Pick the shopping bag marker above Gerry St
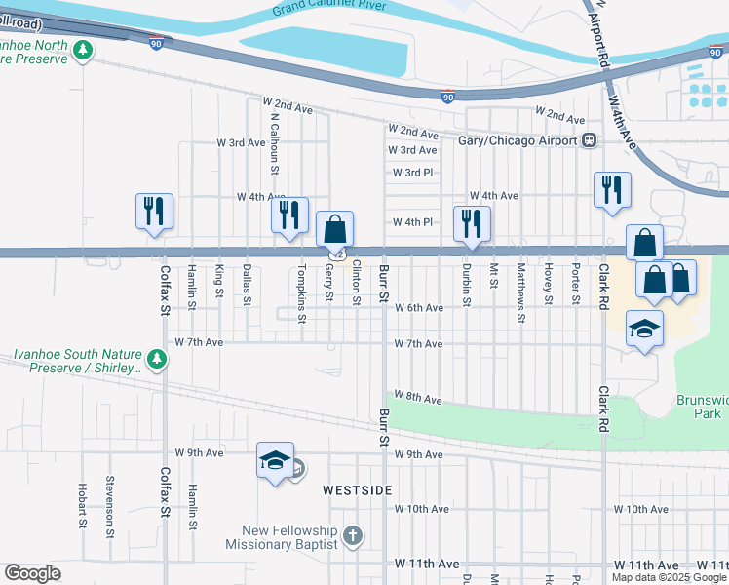coord(334,230)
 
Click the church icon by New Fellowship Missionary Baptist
coord(353,535)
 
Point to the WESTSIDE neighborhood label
coord(358,489)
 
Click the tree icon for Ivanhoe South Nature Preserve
coord(156,361)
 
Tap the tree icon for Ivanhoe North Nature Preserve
coord(85,50)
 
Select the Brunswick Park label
coord(702,407)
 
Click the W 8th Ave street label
coord(419,399)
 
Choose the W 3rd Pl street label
coord(412,173)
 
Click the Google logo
coord(32,573)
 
